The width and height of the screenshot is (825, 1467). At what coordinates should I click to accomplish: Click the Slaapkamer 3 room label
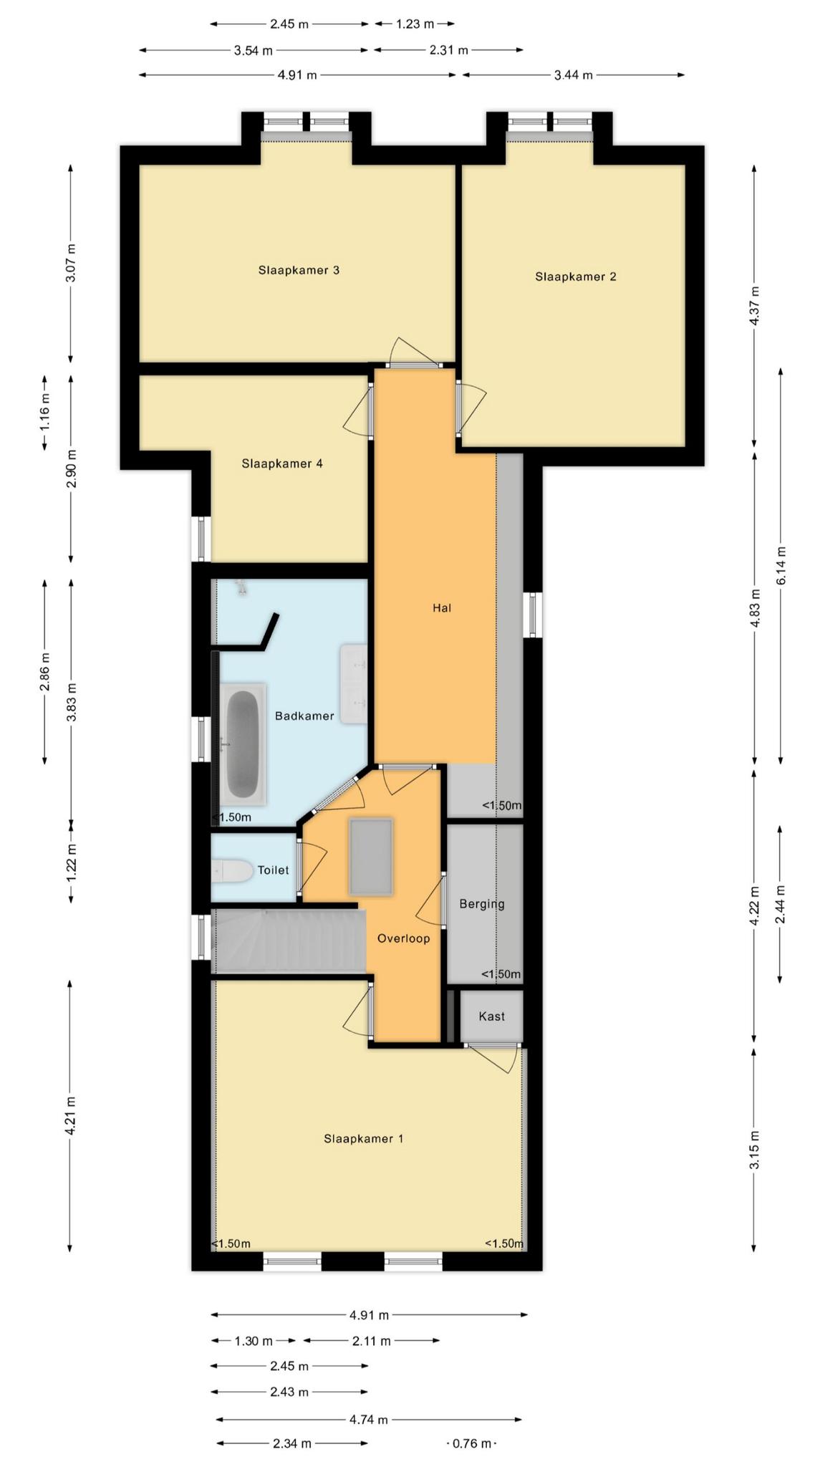click(x=299, y=270)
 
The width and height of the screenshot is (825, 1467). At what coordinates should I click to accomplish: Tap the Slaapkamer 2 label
click(x=575, y=276)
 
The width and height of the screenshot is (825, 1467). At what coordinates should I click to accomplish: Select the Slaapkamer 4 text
click(x=281, y=463)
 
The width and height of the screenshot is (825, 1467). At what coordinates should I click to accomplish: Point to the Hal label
click(x=442, y=608)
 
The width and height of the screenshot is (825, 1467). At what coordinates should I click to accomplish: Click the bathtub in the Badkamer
click(x=243, y=743)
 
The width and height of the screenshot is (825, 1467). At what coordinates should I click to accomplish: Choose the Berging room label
click(x=482, y=904)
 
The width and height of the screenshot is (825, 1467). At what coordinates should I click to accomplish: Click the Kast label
click(x=491, y=1016)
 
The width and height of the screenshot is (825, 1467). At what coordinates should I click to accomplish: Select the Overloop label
click(x=403, y=938)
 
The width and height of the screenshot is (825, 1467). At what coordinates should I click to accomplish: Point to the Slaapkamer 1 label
click(x=363, y=1138)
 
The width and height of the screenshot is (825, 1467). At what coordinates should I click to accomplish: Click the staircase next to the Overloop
click(x=289, y=941)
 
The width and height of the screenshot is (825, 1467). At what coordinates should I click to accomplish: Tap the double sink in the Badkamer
click(x=354, y=683)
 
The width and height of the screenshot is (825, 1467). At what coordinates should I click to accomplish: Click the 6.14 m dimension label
click(x=781, y=566)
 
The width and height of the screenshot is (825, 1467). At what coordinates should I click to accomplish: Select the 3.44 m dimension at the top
click(x=573, y=74)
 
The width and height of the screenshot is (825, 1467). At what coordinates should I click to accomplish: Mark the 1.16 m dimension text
click(x=44, y=412)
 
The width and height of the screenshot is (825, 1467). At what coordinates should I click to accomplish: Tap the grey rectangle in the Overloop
click(x=371, y=856)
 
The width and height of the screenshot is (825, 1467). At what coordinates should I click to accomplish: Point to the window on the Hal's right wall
click(x=532, y=614)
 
